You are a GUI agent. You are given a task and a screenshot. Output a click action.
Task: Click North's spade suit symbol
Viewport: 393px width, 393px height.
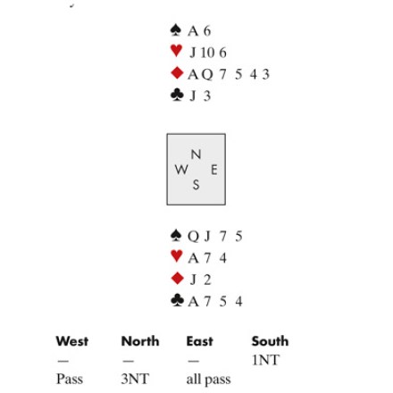[x=176, y=30]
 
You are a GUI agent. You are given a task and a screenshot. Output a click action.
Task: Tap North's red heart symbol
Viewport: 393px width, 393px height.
[x=176, y=50]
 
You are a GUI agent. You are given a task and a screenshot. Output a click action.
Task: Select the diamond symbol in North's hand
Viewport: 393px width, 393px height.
[x=177, y=73]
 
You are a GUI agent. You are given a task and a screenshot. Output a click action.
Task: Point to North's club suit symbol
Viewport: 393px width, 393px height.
[x=177, y=95]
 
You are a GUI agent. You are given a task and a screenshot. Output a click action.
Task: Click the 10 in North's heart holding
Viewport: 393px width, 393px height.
[x=207, y=53]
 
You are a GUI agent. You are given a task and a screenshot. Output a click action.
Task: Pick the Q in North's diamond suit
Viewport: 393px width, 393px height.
[x=207, y=74]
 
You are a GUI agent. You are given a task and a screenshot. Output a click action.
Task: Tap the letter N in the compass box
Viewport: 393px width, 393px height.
[x=196, y=155]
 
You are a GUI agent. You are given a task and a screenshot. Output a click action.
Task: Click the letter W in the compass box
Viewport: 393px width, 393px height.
[x=181, y=170]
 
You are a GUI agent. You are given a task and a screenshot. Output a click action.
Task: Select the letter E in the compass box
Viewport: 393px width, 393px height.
[x=213, y=170]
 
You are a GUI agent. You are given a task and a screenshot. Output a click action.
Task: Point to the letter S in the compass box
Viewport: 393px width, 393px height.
[x=196, y=185]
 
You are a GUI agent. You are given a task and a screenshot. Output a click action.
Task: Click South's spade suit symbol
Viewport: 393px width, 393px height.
[x=176, y=235]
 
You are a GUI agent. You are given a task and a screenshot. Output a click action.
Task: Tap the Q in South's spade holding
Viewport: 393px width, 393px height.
[x=193, y=237]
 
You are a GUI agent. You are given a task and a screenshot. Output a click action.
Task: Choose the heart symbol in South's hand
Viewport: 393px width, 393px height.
[x=177, y=256]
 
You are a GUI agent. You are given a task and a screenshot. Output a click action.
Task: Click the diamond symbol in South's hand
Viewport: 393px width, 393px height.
[x=178, y=278]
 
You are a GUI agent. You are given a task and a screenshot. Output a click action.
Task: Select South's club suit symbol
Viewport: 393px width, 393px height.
[x=177, y=300]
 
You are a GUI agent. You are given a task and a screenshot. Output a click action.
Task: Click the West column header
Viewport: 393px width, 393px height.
[x=72, y=341]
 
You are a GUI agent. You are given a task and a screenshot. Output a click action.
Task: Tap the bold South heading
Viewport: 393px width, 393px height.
[x=270, y=341]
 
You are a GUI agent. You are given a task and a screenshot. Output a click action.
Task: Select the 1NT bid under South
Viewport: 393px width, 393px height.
[x=265, y=360]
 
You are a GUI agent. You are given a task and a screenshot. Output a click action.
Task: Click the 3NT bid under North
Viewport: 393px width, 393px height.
[x=135, y=379]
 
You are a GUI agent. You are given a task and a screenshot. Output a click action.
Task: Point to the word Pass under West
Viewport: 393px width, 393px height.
[x=70, y=379]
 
